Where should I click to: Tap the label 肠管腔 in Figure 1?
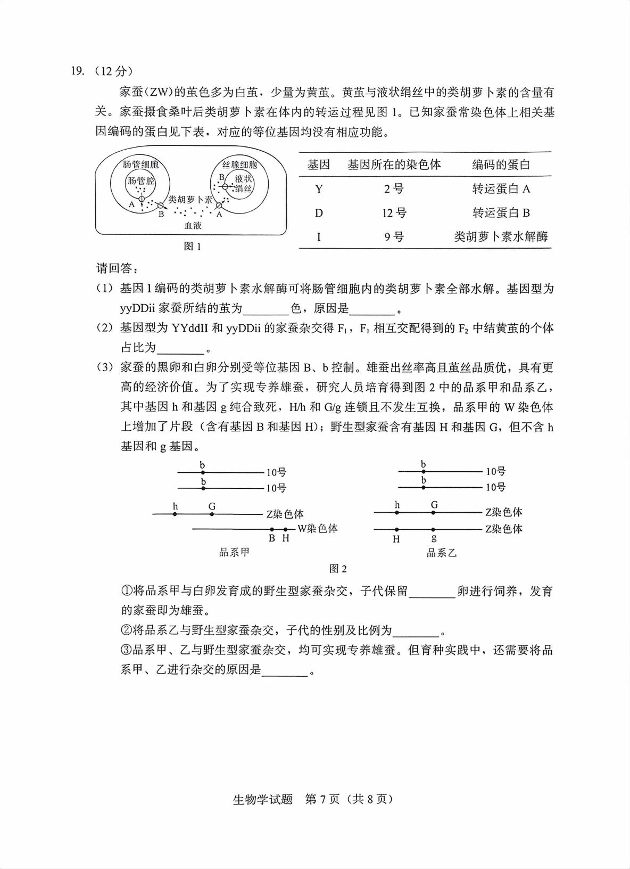140,181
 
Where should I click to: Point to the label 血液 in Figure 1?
193,225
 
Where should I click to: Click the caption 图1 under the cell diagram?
192,247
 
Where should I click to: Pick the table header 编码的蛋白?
501,165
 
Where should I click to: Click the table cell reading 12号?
394,213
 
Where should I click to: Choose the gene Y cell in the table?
319,189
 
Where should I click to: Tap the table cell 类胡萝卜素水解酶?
501,237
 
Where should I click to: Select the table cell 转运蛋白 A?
501,189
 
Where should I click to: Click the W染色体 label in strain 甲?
317,529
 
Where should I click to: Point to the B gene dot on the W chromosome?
272,529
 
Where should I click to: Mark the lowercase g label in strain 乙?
434,538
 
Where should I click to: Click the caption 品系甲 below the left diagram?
234,552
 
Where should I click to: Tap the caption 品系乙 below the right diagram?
442,553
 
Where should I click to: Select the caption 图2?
338,569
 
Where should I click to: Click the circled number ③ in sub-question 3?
126,650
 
